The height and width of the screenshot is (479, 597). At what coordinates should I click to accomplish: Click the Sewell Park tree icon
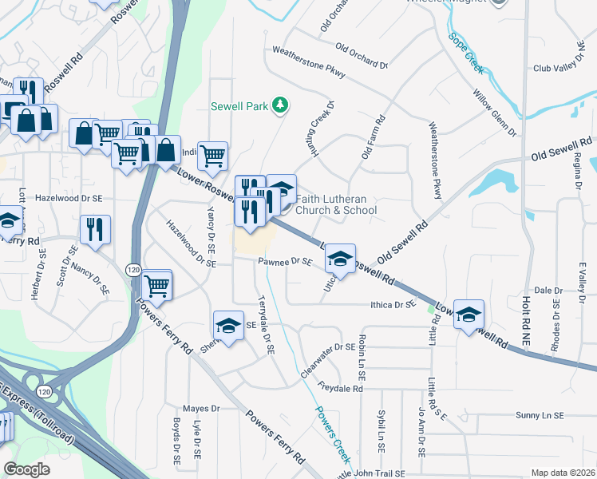[279, 105]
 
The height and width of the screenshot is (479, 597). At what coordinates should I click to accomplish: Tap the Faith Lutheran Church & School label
[336, 205]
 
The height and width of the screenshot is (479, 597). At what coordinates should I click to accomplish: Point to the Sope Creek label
[466, 53]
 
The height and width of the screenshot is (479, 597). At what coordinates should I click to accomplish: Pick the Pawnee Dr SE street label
[284, 261]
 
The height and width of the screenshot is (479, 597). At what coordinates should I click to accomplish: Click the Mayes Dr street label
[201, 408]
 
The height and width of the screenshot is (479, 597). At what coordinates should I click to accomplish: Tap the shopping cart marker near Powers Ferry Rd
[156, 283]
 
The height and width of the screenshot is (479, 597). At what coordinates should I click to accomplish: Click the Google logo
[27, 469]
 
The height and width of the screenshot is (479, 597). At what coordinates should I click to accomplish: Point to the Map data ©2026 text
[563, 473]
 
